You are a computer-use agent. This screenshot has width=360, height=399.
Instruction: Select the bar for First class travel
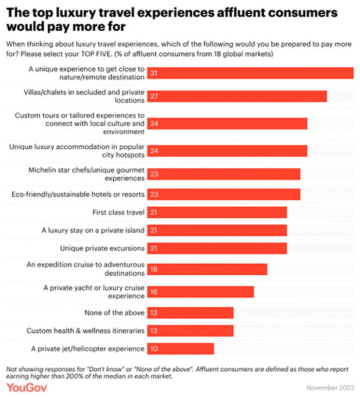pyautogui.click(x=217, y=213)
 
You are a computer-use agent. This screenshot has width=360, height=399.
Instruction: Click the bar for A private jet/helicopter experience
pyautogui.click(x=181, y=348)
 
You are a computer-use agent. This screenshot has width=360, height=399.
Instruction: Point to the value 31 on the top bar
pyautogui.click(x=154, y=73)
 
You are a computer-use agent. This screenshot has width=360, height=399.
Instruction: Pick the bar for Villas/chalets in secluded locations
pyautogui.click(x=237, y=96)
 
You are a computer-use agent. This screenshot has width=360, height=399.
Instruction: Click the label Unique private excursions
pyautogui.click(x=102, y=249)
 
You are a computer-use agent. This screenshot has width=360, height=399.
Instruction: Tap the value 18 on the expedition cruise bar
pyautogui.click(x=154, y=269)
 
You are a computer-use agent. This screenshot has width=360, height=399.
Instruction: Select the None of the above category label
pyautogui.click(x=118, y=313)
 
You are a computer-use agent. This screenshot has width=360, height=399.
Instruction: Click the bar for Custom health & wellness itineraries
pyautogui.click(x=190, y=330)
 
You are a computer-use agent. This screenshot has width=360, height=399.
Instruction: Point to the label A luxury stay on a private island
pyautogui.click(x=93, y=231)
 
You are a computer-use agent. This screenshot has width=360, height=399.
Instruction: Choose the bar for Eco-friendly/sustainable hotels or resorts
pyautogui.click(x=224, y=194)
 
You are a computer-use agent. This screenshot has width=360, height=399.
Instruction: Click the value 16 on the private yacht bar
pyautogui.click(x=154, y=292)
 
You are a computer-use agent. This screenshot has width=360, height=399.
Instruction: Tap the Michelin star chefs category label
pyautogui.click(x=87, y=174)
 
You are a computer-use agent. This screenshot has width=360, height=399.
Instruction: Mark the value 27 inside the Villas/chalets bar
pyautogui.click(x=154, y=96)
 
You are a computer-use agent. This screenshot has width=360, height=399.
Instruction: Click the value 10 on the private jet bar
pyautogui.click(x=154, y=348)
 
